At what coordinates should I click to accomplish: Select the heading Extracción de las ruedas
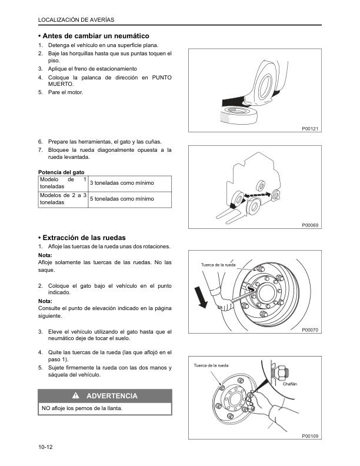[85, 237]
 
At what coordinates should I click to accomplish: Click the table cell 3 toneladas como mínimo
[122, 183]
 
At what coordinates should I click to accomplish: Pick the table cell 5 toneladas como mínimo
[122, 199]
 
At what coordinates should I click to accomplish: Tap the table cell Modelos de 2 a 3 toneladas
[62, 199]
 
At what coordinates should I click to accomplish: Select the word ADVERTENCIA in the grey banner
[112, 396]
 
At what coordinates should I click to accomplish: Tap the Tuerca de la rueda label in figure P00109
[211, 366]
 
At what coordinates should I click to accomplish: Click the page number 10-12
[46, 448]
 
